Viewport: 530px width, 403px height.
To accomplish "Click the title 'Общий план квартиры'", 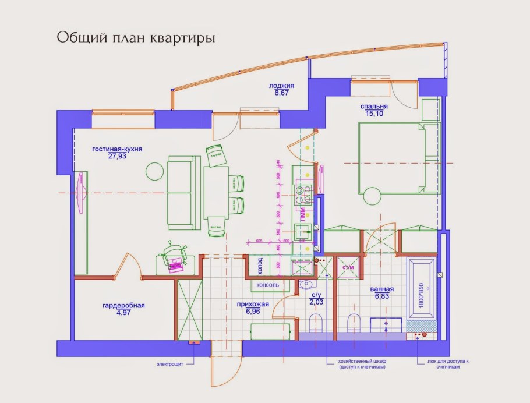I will coord(136,38).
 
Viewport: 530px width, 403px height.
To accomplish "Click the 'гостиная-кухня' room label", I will coord(117,149).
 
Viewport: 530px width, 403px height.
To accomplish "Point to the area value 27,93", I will coord(117,156).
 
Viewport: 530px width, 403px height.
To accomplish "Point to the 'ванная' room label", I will coord(381,289).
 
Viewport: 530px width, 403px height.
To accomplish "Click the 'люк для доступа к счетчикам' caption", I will coord(444,364).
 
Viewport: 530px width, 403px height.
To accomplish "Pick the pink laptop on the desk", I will coord(175,267).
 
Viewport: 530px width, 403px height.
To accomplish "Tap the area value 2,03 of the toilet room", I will coord(316,302).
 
